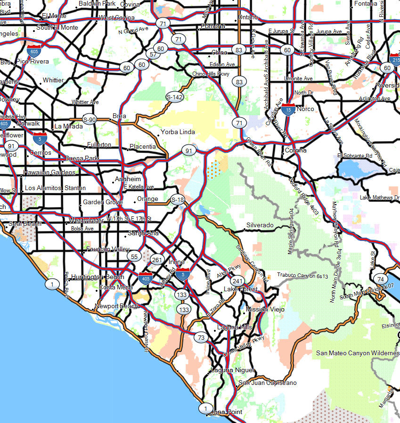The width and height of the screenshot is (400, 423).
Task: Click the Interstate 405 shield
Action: (x=146, y=279)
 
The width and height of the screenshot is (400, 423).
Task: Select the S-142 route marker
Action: (x=174, y=97)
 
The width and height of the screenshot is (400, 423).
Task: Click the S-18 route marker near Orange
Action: (x=178, y=200)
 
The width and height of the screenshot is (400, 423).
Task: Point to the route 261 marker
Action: (x=157, y=260)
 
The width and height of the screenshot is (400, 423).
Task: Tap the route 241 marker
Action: (x=238, y=280)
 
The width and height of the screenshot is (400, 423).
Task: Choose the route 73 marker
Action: (x=201, y=337)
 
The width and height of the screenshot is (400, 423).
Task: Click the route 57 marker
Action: (x=153, y=55)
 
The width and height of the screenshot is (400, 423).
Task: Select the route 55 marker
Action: (x=133, y=256)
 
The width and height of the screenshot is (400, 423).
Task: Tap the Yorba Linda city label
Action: (x=178, y=132)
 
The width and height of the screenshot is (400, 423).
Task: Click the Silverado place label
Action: (x=260, y=225)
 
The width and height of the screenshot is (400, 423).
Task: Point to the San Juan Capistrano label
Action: (x=268, y=383)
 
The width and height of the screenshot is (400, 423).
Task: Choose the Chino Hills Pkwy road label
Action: (x=211, y=74)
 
